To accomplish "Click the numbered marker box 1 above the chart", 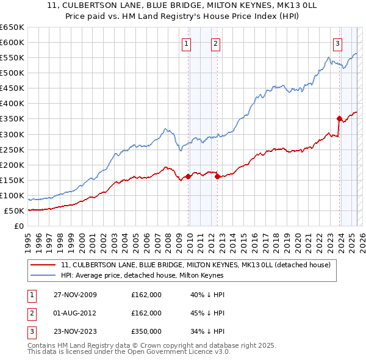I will point(185,43).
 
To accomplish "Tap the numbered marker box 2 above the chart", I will point(216,43).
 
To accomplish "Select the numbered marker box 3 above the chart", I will point(337,43).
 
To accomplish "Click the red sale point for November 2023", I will point(339,118).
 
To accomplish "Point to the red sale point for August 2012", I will point(217,176).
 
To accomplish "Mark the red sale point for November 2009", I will point(188,176).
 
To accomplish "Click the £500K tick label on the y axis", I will point(12,73).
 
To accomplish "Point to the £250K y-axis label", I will point(12,149).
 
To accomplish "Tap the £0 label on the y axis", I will point(19,226).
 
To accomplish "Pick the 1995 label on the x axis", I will point(27,239).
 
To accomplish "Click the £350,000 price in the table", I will point(146,331).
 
